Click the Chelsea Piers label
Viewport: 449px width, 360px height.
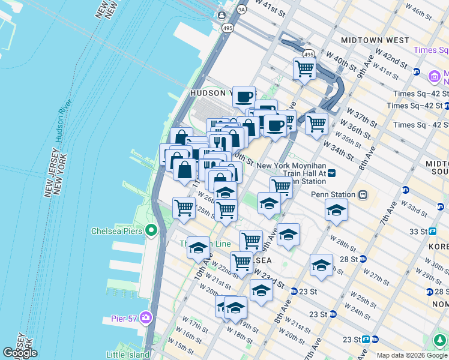pos(116,230)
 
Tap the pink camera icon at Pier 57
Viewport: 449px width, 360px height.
pos(146,318)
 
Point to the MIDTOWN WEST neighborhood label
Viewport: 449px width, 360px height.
pos(375,40)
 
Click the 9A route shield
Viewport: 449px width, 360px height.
pos(241,10)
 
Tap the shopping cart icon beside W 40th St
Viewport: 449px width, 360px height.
pos(305,69)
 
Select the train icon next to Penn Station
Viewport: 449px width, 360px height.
pos(363,195)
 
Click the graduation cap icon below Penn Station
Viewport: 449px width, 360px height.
pos(336,211)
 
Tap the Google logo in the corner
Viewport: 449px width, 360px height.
pos(20,353)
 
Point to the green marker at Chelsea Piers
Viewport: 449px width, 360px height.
pos(151,230)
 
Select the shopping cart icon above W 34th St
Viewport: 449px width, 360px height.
pos(316,124)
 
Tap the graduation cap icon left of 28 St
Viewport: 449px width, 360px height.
pos(322,265)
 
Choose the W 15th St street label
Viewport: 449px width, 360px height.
pos(181,346)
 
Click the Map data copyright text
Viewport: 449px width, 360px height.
pos(412,355)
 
